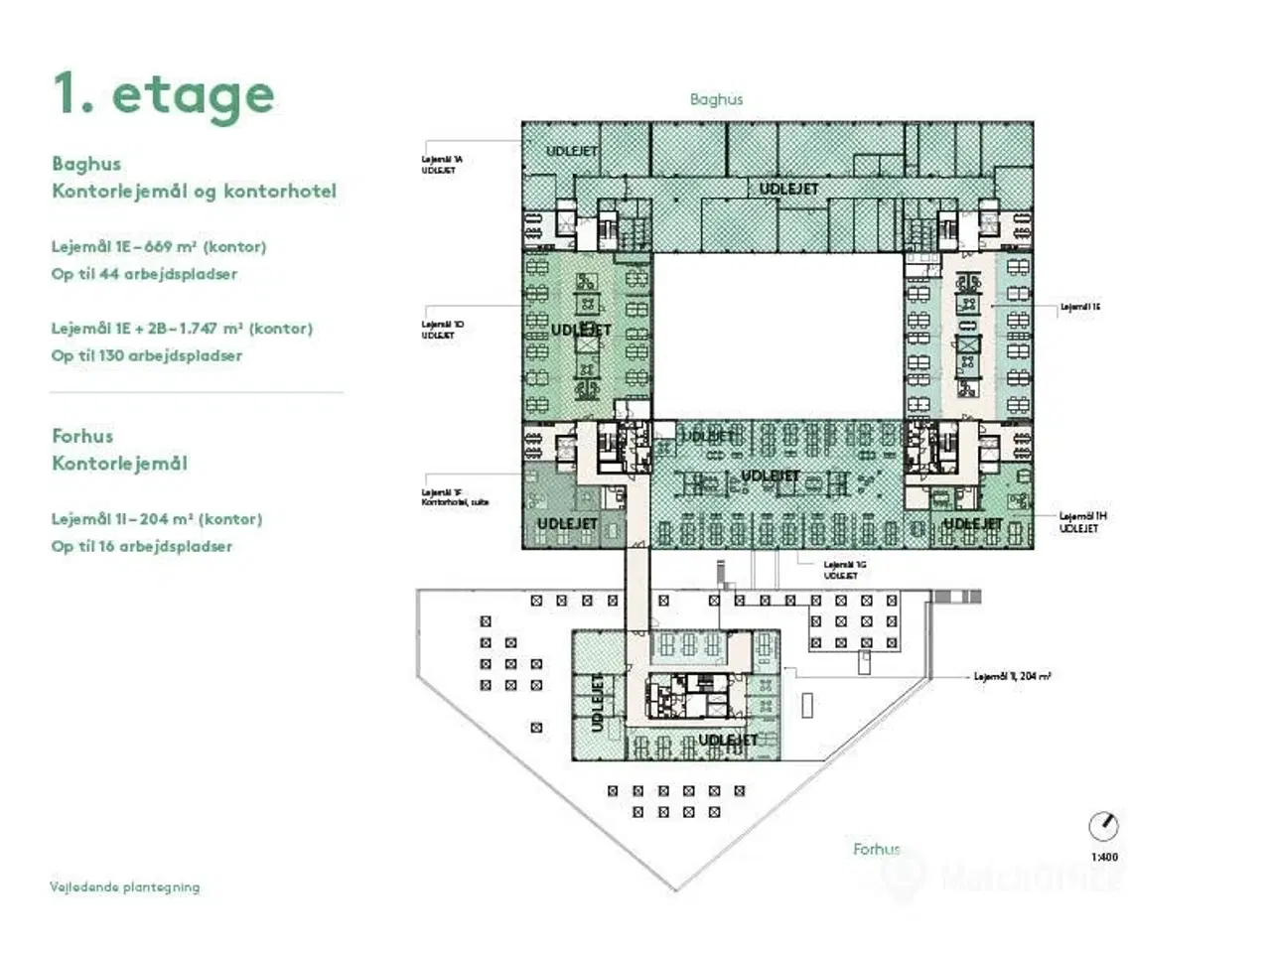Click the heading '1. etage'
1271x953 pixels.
point(164,95)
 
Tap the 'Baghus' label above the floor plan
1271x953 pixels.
point(716,99)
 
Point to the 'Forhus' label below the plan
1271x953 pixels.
point(876,849)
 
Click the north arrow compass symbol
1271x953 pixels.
point(1103,826)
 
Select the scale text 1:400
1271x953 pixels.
point(1104,857)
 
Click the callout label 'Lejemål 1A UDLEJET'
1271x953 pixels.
point(441,165)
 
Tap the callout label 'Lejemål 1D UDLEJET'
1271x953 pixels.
point(441,330)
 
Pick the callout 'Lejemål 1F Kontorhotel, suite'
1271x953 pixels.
point(455,497)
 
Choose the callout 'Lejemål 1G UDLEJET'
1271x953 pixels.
point(844,570)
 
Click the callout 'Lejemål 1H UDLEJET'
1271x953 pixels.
point(1082,522)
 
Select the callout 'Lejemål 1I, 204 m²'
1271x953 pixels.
point(1012,676)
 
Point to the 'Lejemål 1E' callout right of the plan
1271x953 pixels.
point(1080,307)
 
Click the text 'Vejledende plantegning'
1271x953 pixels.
point(125,886)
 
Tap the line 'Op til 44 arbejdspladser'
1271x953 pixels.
point(144,274)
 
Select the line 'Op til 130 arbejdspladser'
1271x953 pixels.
point(147,355)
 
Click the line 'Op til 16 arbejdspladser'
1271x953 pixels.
point(142,546)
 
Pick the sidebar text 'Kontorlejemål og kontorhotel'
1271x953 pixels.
point(195,191)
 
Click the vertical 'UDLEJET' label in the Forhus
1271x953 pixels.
point(598,702)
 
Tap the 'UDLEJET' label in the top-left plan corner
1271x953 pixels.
point(572,151)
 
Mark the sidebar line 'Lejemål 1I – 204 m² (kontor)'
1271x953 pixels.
point(157,519)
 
